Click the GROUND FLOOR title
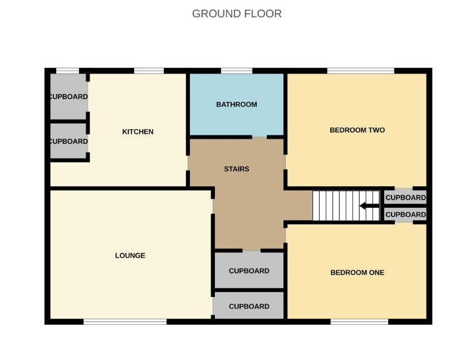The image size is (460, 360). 237,14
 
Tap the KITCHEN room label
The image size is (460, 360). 138,132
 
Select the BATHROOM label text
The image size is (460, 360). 237,105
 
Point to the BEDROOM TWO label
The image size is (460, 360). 357,130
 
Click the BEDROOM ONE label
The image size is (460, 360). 357,273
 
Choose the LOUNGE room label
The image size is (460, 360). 130,255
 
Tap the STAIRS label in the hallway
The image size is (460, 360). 237,169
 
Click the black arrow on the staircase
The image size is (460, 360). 369,206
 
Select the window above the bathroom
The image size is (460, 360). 237,71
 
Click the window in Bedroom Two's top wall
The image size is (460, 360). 361,71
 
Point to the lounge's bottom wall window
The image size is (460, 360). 125,322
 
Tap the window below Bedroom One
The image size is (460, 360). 359,322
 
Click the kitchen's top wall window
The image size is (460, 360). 149,71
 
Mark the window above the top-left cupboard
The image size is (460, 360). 67,71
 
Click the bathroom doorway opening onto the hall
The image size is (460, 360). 260,137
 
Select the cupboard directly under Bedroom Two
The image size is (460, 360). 405,197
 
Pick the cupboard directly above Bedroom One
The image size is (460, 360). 405,215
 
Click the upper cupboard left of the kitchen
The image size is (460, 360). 68,96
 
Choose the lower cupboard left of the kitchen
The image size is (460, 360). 68,141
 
